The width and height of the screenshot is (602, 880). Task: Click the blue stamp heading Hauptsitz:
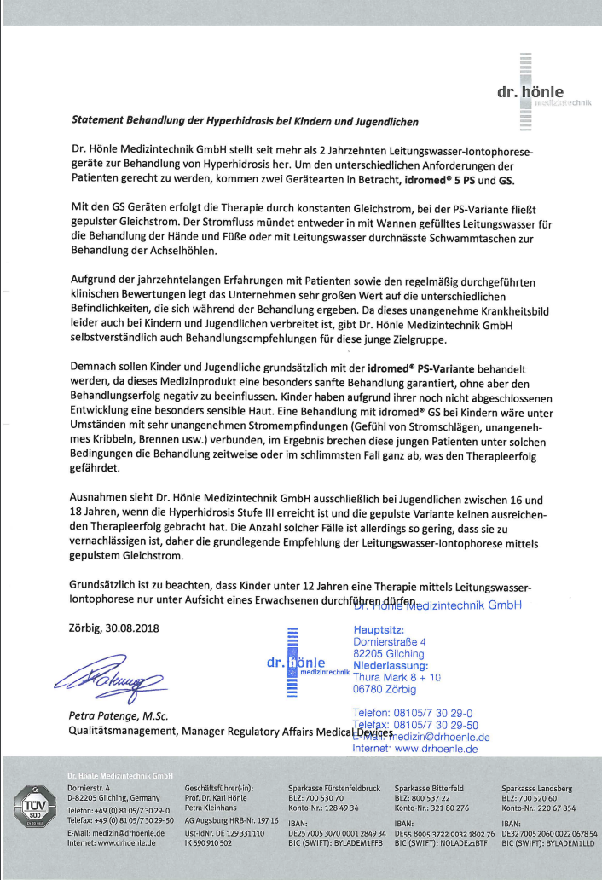(x=379, y=629)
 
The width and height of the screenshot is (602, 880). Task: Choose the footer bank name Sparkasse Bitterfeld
(x=430, y=788)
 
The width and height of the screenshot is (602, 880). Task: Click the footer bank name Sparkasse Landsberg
(x=537, y=788)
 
